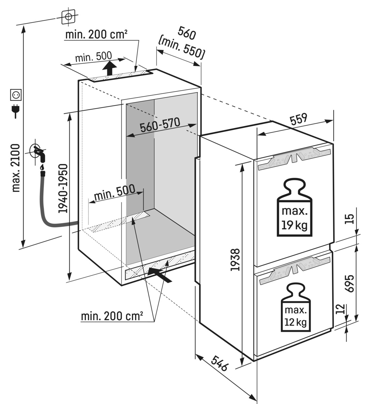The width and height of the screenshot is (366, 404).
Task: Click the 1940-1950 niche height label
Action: [x=63, y=188]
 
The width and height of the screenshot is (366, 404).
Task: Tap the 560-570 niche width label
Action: [x=160, y=125]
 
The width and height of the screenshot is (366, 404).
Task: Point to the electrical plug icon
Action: [x=16, y=110]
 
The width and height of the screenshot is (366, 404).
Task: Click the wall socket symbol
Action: [x=16, y=95]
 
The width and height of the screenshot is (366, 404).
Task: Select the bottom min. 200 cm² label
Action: [x=112, y=316]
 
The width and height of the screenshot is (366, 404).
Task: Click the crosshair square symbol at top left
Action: [x=68, y=16]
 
